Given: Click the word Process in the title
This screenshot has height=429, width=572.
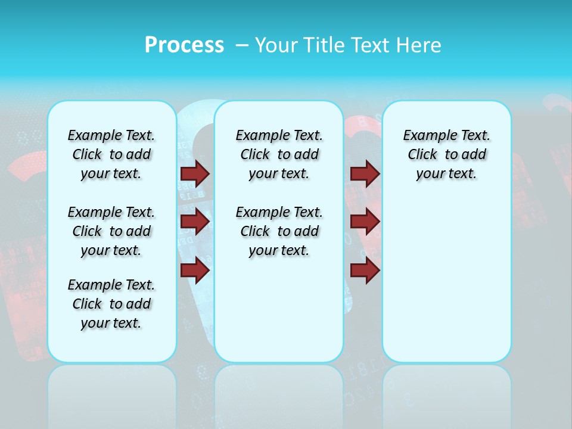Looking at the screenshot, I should pos(184,45).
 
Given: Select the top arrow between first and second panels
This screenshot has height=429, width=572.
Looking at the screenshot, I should pos(195,173).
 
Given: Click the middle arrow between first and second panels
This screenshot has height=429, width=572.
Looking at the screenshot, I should pos(195,222).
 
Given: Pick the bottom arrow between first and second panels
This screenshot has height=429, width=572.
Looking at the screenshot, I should pos(195,271).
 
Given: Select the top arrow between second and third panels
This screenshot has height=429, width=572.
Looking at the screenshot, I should pos(365,173).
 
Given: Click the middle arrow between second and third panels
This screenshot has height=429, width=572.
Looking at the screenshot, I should pos(365,222).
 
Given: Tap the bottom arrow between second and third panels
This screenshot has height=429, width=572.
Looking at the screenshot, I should pos(365,271).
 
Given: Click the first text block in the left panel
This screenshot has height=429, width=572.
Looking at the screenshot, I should pos(111,154).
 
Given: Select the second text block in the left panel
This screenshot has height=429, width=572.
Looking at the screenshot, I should pos(111,231).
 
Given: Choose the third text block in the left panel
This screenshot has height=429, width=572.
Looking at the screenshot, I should pos(111,304).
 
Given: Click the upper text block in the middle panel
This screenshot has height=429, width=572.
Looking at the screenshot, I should pos(279,154).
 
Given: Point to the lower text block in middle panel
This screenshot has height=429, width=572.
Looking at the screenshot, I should pos(279,231).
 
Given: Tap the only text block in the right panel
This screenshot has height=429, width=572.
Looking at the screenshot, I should pos(446,154).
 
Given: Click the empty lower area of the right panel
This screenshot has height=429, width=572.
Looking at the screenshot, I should pos(446,286).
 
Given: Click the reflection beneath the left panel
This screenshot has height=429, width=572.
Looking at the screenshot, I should pos(111,393).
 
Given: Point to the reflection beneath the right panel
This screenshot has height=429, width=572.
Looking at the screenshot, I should pos(446,393).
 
